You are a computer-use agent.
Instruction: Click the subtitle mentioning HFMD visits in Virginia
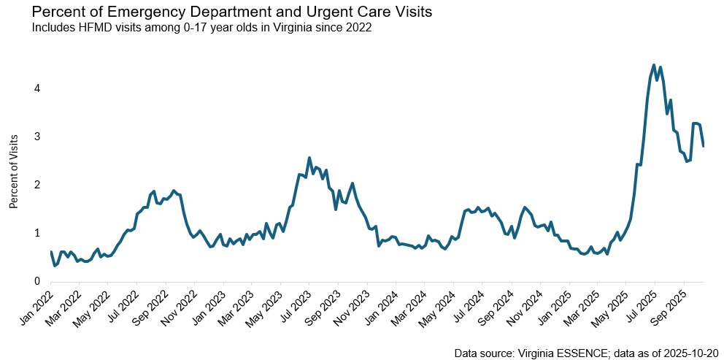pyautogui.click(x=201, y=28)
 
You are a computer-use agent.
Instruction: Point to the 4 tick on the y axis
pyautogui.click(x=37, y=88)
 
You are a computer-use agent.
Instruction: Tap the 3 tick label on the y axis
pyautogui.click(x=37, y=137)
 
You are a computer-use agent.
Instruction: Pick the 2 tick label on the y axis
pyautogui.click(x=37, y=185)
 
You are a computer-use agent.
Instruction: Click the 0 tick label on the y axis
pyautogui.click(x=37, y=281)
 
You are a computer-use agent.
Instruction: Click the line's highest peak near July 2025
pyautogui.click(x=654, y=65)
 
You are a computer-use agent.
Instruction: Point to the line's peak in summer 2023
pyautogui.click(x=309, y=158)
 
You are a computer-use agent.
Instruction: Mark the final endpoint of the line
pyautogui.click(x=703, y=146)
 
